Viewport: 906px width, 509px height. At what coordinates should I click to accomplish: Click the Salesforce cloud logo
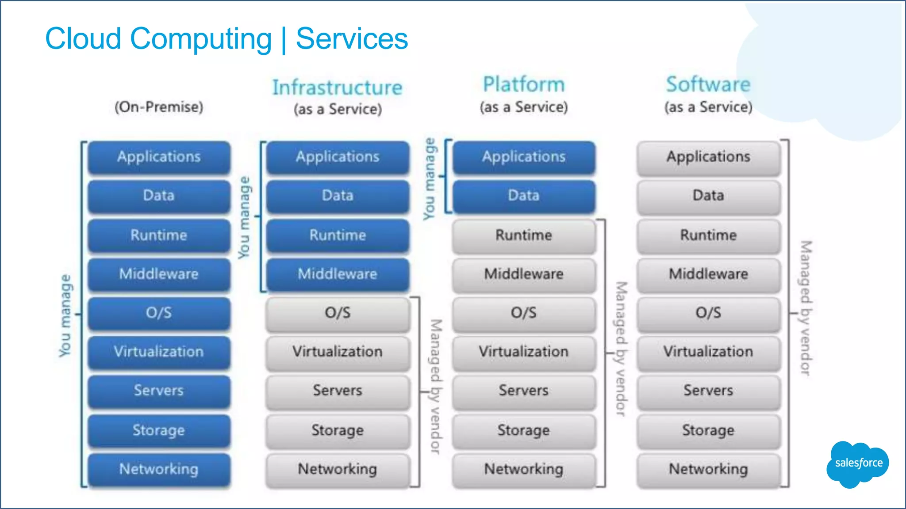tap(857, 463)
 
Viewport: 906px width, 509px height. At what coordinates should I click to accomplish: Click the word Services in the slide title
tap(352, 39)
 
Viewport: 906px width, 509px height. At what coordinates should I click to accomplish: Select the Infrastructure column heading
tap(337, 87)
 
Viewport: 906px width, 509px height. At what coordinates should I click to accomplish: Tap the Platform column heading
tap(524, 84)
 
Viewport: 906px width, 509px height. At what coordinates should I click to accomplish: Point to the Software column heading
tap(708, 84)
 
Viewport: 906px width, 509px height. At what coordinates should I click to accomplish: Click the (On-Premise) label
tap(159, 107)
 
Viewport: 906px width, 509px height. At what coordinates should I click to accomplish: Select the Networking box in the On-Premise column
tap(159, 469)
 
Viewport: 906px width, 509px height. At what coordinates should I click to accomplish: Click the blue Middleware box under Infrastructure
tap(338, 274)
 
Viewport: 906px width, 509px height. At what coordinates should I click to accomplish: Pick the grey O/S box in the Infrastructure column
tap(338, 313)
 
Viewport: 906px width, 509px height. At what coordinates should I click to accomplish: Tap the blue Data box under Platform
tap(524, 195)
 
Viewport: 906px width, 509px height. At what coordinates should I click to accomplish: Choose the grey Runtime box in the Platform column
tap(524, 235)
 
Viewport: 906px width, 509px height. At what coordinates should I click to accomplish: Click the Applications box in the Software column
tap(708, 157)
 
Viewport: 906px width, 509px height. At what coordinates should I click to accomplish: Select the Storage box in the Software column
tap(708, 430)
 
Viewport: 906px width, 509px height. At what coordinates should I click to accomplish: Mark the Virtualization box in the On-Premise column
tap(159, 352)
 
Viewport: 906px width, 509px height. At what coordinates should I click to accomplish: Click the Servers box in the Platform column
tap(524, 391)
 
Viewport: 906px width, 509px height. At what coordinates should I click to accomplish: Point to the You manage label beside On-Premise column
tap(65, 315)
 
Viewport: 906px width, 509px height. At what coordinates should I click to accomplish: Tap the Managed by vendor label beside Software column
tap(806, 308)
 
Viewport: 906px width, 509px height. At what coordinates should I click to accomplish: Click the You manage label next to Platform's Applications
tap(429, 179)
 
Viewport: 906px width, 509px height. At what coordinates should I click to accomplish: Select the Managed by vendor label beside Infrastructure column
tap(436, 386)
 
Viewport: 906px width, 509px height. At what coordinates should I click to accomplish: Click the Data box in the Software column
tap(708, 195)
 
